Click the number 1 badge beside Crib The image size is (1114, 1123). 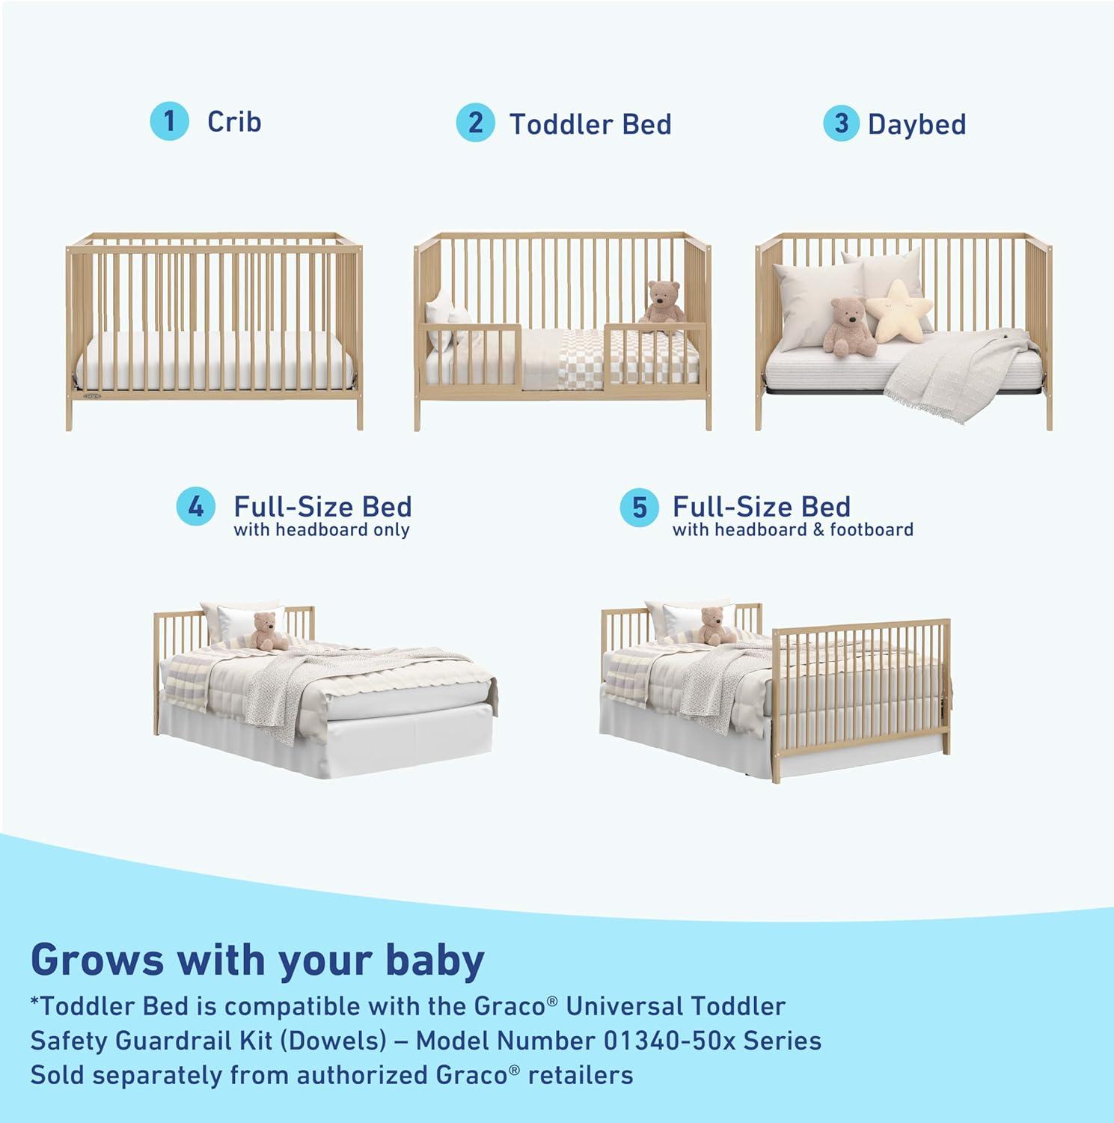[x=169, y=121]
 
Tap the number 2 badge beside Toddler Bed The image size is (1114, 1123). [x=475, y=123]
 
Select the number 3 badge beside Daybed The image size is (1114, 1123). [x=842, y=124]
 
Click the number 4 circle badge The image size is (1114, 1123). [x=196, y=507]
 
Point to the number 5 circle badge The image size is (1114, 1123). [x=639, y=508]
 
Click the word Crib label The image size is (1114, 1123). [x=234, y=121]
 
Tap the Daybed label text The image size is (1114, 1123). [x=916, y=124]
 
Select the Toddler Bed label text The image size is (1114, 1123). [x=590, y=124]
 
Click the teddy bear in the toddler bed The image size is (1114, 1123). [x=664, y=302]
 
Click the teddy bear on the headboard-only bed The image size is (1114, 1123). [x=267, y=631]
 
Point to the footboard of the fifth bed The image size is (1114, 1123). [x=860, y=696]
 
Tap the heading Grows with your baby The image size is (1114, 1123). [x=257, y=959]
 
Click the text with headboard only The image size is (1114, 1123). [x=322, y=530]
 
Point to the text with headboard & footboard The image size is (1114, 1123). [x=792, y=530]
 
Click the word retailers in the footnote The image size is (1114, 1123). [x=581, y=1075]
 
